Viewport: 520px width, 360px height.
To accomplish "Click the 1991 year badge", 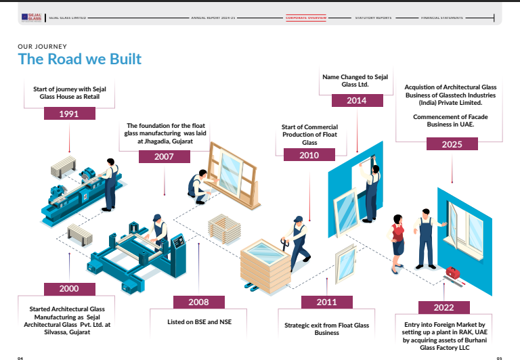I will point(69,113).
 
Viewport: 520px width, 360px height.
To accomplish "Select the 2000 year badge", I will point(69,288).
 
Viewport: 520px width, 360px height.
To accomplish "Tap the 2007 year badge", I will point(164,156).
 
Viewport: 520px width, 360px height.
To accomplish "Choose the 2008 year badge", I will point(198,302).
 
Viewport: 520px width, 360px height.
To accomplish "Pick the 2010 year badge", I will point(309,155).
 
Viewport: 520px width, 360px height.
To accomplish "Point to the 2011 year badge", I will point(326,302).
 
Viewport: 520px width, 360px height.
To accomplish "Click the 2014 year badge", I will point(357,101).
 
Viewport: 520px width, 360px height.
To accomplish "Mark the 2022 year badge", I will point(443,307).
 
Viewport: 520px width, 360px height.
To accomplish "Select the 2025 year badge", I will point(452,143).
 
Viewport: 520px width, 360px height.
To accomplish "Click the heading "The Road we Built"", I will point(80,60).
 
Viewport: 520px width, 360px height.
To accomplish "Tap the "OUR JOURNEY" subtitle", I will point(42,46).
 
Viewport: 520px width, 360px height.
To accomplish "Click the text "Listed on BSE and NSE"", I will point(200,322).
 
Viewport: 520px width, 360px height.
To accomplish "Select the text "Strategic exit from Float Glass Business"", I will point(327,329).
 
